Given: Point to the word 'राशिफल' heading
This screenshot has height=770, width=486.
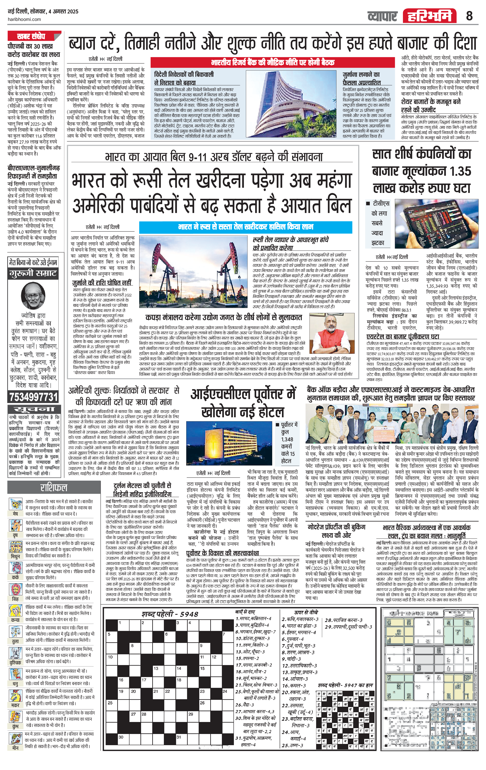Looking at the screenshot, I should (53, 487).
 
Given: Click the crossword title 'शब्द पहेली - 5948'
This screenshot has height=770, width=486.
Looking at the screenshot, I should (170, 614).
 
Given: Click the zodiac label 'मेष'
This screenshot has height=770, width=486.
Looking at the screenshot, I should (15, 514).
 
